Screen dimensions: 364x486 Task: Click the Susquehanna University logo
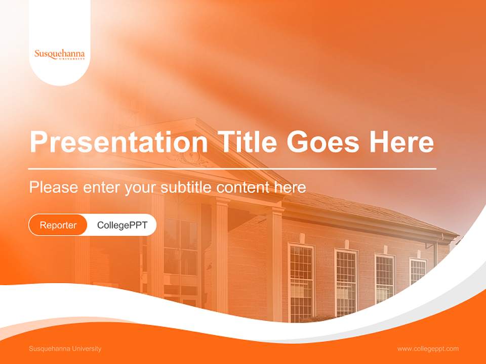(x=60, y=54)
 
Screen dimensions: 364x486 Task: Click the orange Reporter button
(x=58, y=225)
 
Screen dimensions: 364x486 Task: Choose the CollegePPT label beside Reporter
(x=122, y=225)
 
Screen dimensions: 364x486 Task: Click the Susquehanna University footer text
(x=65, y=349)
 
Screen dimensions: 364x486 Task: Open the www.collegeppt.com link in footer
(x=428, y=349)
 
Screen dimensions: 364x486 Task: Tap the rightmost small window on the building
(x=418, y=271)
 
